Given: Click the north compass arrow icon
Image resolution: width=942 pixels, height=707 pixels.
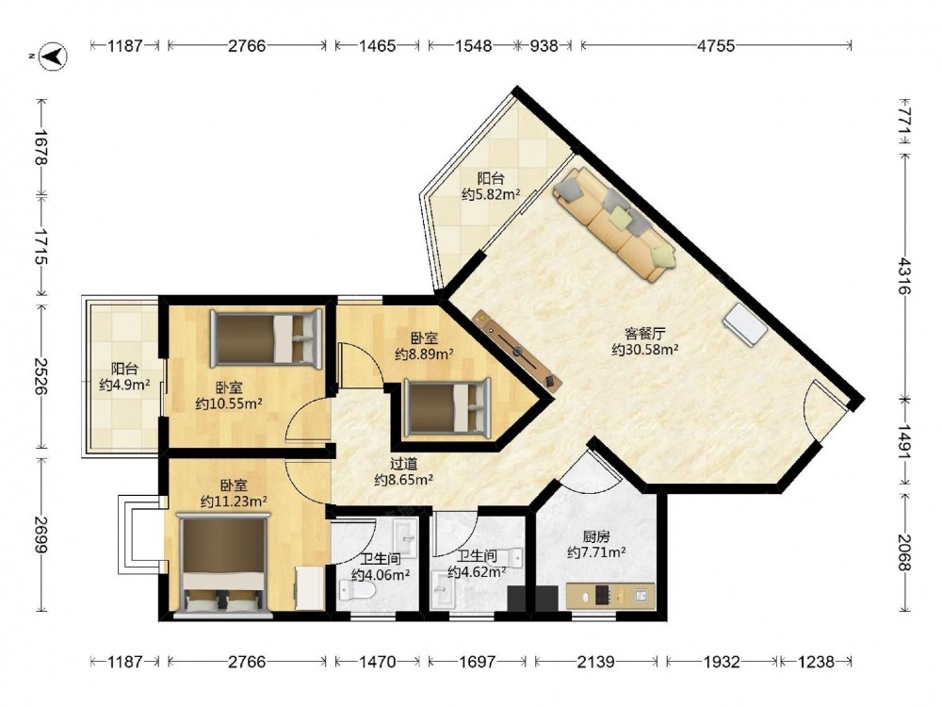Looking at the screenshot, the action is tap(53, 57).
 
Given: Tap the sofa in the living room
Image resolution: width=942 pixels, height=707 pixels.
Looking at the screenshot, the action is tap(614, 223).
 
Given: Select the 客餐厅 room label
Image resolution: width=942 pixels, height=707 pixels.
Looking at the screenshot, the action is tap(644, 333).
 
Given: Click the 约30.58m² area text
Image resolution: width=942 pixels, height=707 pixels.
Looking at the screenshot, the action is tap(645, 350).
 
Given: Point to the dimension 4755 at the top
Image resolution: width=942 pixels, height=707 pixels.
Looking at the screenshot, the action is tap(716, 45).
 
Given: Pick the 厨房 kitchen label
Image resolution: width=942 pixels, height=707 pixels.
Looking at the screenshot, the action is tap(596, 535).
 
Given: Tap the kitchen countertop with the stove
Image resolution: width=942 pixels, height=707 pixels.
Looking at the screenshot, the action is tap(610, 595).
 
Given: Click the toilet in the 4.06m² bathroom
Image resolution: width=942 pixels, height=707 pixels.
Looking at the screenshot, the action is tap(356, 590).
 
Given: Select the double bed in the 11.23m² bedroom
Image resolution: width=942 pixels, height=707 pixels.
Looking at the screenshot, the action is tap(223, 564).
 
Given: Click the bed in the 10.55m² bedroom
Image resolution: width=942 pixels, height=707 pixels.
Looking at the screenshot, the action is tap(266, 338).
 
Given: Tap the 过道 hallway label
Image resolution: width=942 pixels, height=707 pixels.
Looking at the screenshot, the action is tap(404, 464).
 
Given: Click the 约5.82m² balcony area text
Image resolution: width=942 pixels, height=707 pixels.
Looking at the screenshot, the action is tap(491, 194).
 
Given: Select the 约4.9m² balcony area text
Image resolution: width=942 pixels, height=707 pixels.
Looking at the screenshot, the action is tap(124, 385).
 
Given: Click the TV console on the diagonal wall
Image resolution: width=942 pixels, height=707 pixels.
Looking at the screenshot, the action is tap(517, 350).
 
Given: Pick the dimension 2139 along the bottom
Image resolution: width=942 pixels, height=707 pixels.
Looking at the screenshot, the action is tap(596, 662).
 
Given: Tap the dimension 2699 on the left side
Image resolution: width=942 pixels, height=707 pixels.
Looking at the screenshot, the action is tap(41, 535).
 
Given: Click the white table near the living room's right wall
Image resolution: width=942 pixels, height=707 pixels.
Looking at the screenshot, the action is tap(745, 324).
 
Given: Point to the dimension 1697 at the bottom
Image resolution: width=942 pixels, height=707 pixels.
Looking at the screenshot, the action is tap(478, 662).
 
